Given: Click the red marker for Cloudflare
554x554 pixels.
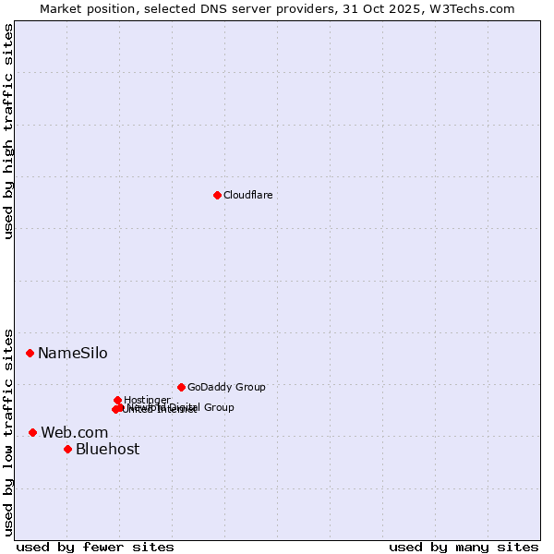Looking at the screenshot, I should [x=217, y=195].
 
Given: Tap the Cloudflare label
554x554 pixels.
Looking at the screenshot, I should [x=248, y=195].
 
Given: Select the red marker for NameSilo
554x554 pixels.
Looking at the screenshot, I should [x=30, y=353].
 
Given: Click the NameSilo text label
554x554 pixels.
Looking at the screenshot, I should [x=72, y=353].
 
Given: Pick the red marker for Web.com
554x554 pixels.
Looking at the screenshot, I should [x=32, y=432].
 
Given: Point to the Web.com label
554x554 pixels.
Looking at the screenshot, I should [x=74, y=432].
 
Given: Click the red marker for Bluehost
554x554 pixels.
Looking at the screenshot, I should [x=67, y=449].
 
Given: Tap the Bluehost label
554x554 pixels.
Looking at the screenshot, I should [x=107, y=449].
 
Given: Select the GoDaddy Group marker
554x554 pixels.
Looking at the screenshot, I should [x=181, y=387].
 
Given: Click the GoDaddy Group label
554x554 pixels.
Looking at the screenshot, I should [x=226, y=387].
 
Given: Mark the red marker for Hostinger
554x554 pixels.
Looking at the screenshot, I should [x=117, y=400].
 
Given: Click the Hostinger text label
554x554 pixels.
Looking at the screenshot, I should [x=147, y=400].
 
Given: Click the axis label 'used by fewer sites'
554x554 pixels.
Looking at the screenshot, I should [x=95, y=547].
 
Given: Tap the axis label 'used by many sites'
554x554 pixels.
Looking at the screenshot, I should [x=464, y=547].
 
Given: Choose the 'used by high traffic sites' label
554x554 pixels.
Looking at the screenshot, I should [x=8, y=131].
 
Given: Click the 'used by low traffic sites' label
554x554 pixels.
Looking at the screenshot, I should [x=8, y=431].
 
